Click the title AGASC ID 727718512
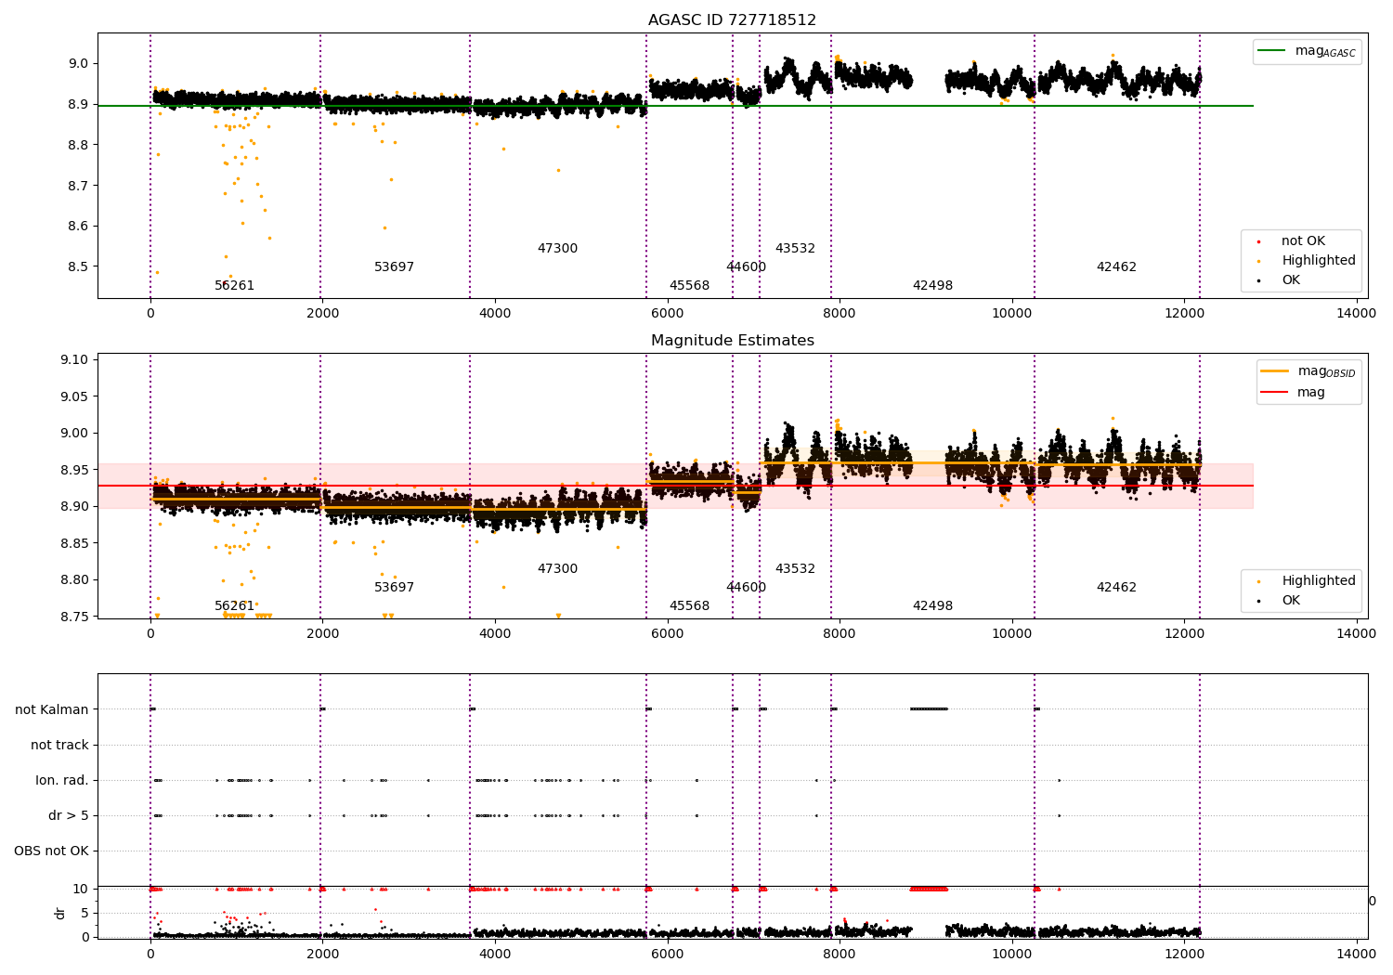click(x=732, y=20)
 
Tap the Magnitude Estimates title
click(x=732, y=341)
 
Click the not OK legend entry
click(x=1303, y=241)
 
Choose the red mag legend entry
click(x=1310, y=393)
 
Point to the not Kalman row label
click(x=52, y=709)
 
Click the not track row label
click(x=59, y=745)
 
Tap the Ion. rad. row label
click(x=62, y=780)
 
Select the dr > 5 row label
click(x=68, y=815)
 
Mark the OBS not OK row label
click(x=51, y=851)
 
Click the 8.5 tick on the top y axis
click(x=77, y=266)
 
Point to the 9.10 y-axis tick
click(x=73, y=359)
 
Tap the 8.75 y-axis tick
click(x=73, y=617)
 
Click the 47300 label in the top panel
click(x=557, y=249)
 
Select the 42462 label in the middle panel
click(x=1116, y=588)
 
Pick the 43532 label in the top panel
click(x=795, y=249)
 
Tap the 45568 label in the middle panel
click(x=689, y=606)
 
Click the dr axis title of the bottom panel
click(x=60, y=913)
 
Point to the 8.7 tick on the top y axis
click(x=77, y=186)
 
